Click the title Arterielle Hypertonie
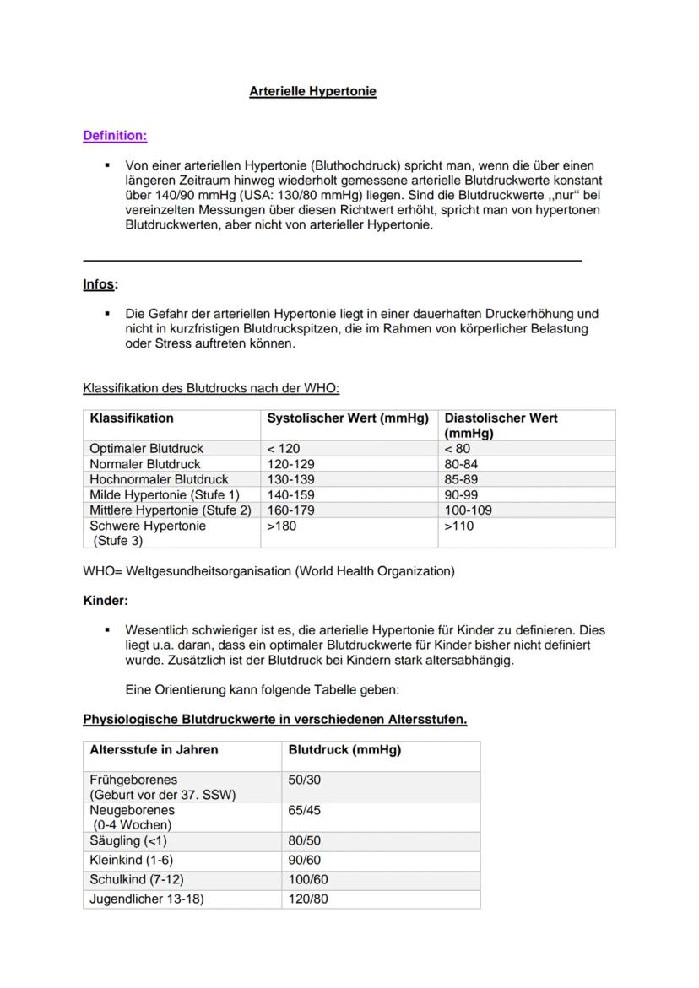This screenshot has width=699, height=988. (312, 91)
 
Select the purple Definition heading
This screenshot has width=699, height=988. (115, 135)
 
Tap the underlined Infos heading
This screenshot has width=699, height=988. (99, 284)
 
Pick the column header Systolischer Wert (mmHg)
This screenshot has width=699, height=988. (348, 418)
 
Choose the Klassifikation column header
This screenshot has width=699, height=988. (132, 418)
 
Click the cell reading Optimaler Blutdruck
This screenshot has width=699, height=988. (147, 449)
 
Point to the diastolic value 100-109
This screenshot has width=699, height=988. (469, 510)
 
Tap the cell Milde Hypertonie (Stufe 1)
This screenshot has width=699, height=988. (165, 494)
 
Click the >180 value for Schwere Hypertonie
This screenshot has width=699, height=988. (283, 526)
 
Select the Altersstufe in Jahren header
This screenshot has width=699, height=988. (154, 749)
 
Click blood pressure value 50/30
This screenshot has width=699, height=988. (305, 780)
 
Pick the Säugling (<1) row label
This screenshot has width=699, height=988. (128, 841)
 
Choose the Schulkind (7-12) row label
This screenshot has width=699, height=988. (137, 880)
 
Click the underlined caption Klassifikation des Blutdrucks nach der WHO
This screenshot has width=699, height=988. (211, 389)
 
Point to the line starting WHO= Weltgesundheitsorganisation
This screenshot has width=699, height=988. (268, 571)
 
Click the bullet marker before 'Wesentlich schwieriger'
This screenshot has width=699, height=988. (107, 630)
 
